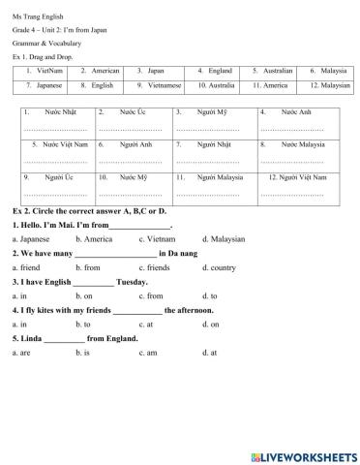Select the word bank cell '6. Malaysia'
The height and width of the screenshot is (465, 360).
pyautogui.click(x=327, y=71)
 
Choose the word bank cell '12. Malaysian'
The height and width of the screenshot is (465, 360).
pyautogui.click(x=327, y=84)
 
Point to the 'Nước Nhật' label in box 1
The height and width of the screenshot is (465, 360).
pyautogui.click(x=63, y=112)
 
